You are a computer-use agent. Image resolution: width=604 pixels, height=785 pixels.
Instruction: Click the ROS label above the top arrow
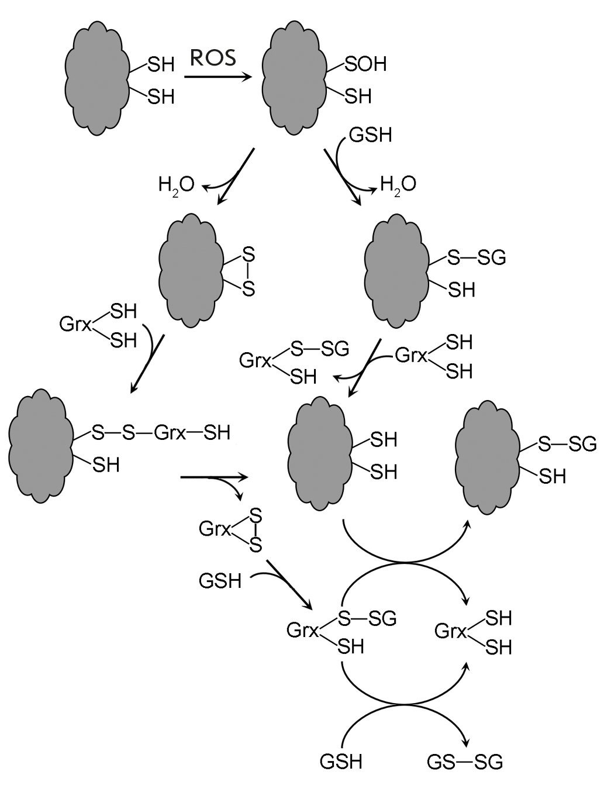coord(213,58)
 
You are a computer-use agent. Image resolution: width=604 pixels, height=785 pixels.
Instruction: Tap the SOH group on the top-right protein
coord(366,64)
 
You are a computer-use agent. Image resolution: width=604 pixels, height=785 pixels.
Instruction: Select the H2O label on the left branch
coord(176,185)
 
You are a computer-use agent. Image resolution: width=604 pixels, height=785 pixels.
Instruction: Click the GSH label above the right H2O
coord(370,136)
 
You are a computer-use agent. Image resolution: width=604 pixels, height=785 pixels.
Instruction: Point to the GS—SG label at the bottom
coord(465,762)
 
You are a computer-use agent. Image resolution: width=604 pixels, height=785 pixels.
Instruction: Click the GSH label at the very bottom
coord(341,762)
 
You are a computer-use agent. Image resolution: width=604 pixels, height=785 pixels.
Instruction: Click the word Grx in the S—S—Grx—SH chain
coord(170,433)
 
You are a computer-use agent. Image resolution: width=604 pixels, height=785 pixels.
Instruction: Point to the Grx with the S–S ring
coord(215,529)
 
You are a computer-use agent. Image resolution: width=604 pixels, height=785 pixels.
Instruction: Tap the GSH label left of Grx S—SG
coord(220,581)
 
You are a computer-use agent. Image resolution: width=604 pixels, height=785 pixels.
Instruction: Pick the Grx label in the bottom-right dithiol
coord(451,632)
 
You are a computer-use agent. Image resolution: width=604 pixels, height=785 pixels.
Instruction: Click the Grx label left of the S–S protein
coord(75,324)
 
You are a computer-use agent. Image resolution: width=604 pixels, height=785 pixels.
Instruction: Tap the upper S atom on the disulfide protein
coord(248,256)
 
